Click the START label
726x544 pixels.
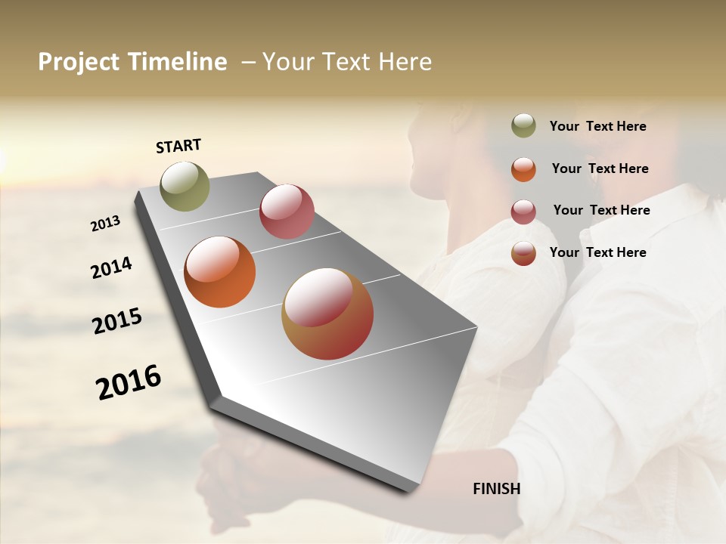(x=178, y=146)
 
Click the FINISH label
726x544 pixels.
(x=497, y=489)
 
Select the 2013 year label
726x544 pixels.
(x=105, y=224)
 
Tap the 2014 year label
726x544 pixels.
(x=111, y=268)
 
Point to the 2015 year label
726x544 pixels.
(x=117, y=321)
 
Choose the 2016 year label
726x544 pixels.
(x=129, y=382)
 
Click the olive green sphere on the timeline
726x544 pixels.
(x=185, y=186)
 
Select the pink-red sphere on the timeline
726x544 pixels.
(x=287, y=212)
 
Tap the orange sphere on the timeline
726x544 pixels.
(x=220, y=272)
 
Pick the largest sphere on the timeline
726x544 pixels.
(x=327, y=314)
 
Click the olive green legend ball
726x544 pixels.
(x=523, y=126)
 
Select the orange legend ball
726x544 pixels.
(x=523, y=169)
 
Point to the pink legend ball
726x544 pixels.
(x=523, y=212)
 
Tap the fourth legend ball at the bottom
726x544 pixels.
(x=523, y=253)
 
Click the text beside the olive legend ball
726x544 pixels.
(x=597, y=127)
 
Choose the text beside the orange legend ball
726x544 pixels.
(x=600, y=168)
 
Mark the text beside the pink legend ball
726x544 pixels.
(x=601, y=210)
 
